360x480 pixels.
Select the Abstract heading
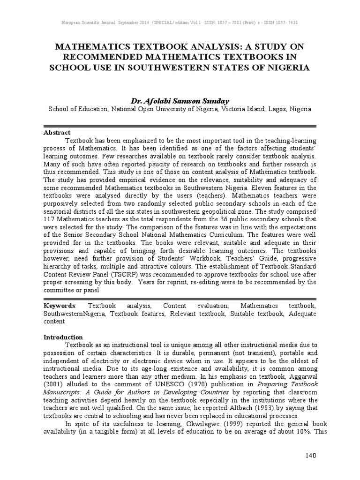[57, 133]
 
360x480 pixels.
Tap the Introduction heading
[63, 337]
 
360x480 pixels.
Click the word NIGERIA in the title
[287, 67]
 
